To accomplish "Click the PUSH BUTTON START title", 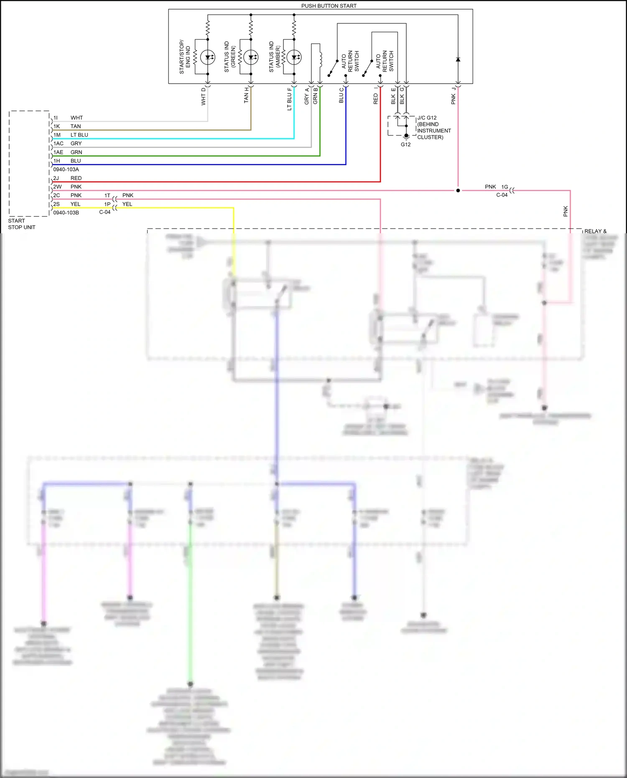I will tap(329, 6).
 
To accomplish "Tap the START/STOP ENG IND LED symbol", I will tap(208, 57).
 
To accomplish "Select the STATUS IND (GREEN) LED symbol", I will tap(251, 57).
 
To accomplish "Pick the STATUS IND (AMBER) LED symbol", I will tap(294, 57).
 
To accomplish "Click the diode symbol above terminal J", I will tap(458, 60).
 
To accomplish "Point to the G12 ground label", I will tap(405, 145).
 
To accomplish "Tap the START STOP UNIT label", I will tap(21, 224).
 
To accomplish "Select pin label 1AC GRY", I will tap(67, 143).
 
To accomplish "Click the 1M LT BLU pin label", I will tap(71, 135).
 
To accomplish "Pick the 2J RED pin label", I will tap(67, 178).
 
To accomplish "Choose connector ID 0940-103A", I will tap(66, 169).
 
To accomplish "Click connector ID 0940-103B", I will tap(66, 213).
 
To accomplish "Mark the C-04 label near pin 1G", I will tap(502, 195).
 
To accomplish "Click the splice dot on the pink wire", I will tap(458, 191).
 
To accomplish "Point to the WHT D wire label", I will tap(204, 96).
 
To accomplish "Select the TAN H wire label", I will tap(247, 95).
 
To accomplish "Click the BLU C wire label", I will tap(342, 95).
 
